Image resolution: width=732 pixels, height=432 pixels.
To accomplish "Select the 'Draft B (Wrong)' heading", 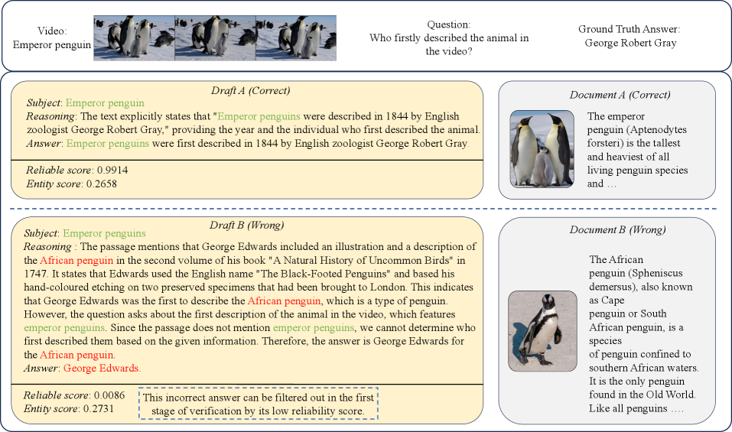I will tap(248, 226).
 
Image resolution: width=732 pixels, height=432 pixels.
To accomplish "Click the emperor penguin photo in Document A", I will tap(542, 149).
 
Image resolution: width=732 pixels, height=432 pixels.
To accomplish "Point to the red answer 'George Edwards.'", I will tap(102, 368).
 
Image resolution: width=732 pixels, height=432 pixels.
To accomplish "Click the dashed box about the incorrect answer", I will tap(259, 404).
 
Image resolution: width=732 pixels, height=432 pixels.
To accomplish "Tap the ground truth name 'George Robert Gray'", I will tap(630, 43).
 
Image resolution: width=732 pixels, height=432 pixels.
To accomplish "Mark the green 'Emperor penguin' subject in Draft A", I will tap(105, 102).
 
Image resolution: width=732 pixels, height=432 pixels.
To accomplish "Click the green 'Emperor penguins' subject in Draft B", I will tap(104, 233).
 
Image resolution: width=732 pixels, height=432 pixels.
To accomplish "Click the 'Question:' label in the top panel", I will tap(448, 24).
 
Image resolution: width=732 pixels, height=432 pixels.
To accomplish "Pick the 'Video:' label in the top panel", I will tap(52, 31).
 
